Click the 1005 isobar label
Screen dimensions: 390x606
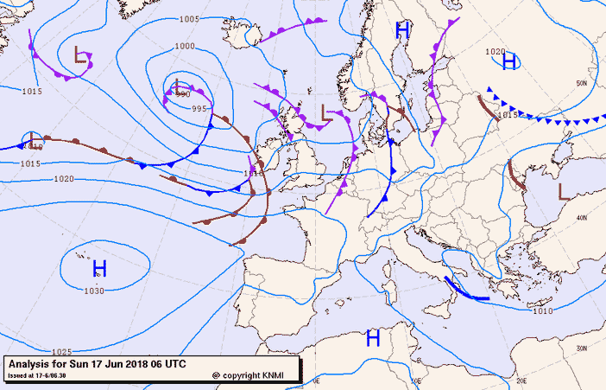point(190,19)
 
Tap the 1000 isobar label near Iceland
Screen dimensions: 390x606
point(185,46)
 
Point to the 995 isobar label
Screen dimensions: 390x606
point(199,109)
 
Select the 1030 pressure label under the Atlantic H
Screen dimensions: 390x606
point(94,291)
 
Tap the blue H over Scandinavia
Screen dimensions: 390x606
point(401,31)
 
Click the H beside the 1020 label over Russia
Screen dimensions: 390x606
point(509,61)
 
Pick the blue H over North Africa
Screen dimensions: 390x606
point(373,337)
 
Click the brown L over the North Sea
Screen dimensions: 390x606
point(325,112)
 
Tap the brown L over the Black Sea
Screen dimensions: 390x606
point(563,190)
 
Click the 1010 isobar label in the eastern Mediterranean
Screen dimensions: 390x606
point(543,311)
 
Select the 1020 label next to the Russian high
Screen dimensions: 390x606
point(495,52)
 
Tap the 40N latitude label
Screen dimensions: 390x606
point(582,218)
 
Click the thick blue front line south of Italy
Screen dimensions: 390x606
point(465,291)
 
